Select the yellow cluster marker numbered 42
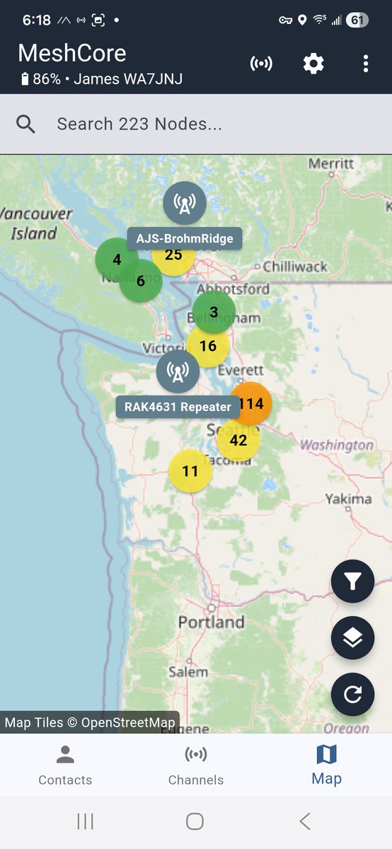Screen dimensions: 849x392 pyautogui.click(x=238, y=440)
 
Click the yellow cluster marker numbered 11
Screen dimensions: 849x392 pyautogui.click(x=190, y=470)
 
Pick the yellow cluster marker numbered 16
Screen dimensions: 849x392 pyautogui.click(x=208, y=346)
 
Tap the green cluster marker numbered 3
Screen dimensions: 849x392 pyautogui.click(x=214, y=312)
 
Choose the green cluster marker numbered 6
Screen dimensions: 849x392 pyautogui.click(x=140, y=281)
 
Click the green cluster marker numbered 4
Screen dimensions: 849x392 pyautogui.click(x=116, y=260)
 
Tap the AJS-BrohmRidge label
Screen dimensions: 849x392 pyautogui.click(x=185, y=238)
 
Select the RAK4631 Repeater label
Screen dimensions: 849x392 pyautogui.click(x=178, y=407)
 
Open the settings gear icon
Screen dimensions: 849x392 pyautogui.click(x=313, y=64)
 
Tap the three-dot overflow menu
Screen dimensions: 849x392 pyautogui.click(x=366, y=64)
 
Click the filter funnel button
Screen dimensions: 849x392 pyautogui.click(x=352, y=582)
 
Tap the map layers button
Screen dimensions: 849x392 pyautogui.click(x=352, y=638)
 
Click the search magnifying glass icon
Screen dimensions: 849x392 pyautogui.click(x=26, y=125)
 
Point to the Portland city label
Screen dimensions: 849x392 pyautogui.click(x=211, y=623)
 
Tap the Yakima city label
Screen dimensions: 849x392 pyautogui.click(x=348, y=499)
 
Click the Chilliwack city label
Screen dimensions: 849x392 pyautogui.click(x=295, y=267)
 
